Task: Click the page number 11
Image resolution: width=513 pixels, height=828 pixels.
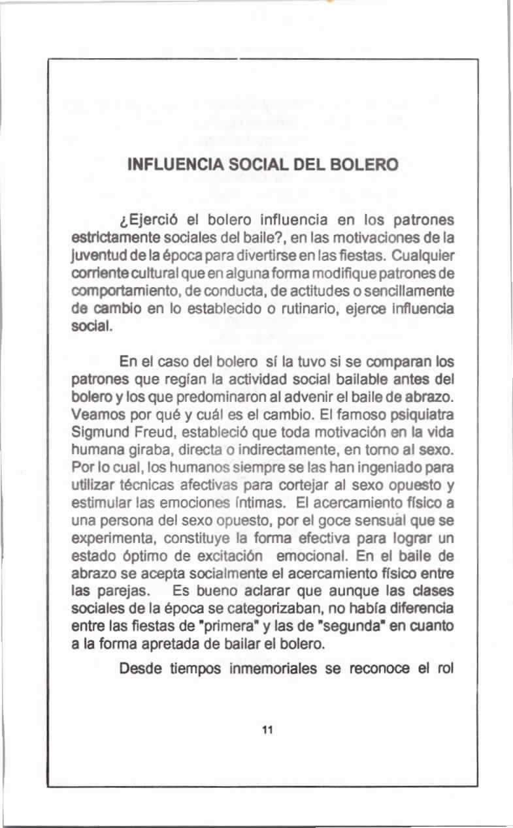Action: pos(267,730)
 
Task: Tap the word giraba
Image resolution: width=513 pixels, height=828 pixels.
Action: pos(135,448)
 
